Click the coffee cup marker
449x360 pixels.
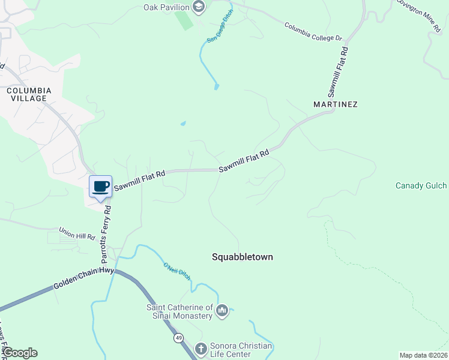(100, 186)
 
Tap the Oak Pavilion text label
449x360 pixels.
(166, 7)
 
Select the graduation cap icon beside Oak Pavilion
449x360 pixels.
(199, 7)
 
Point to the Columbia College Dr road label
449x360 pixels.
(313, 32)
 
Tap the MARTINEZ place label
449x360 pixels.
(336, 104)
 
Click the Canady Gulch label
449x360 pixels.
(421, 186)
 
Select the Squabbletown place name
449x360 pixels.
(243, 257)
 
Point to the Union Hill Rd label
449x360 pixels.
(77, 233)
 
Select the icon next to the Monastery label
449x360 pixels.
(222, 310)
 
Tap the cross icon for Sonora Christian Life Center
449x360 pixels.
(201, 347)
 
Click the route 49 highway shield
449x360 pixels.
(179, 338)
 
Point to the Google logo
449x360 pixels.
(20, 353)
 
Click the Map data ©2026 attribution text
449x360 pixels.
(423, 355)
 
